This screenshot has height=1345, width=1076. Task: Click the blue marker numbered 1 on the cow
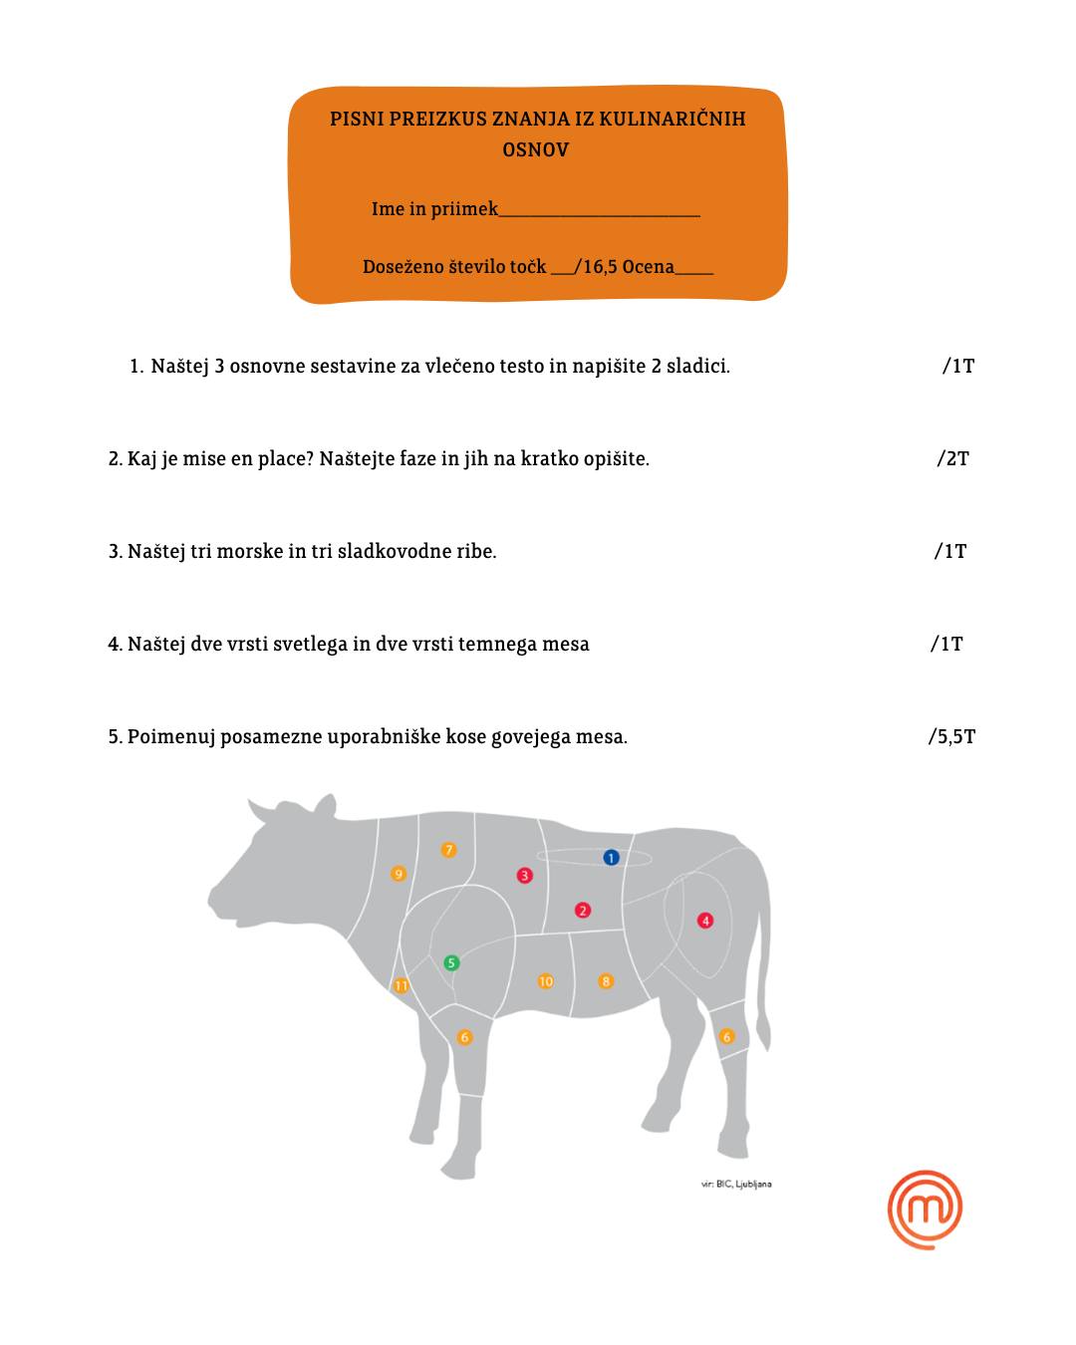click(x=611, y=858)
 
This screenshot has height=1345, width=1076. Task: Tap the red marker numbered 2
click(x=583, y=910)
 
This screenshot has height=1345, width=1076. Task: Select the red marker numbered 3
click(x=525, y=876)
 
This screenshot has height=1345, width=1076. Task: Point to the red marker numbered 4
click(x=705, y=921)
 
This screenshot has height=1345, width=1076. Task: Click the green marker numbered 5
click(x=451, y=962)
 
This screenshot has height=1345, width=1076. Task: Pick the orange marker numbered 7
click(x=448, y=850)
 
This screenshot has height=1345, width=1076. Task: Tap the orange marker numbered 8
click(x=605, y=981)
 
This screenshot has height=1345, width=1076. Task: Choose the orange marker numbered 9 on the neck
click(x=399, y=874)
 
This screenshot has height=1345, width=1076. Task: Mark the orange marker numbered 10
click(x=546, y=981)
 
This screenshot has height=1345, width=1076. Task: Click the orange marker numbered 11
click(x=401, y=985)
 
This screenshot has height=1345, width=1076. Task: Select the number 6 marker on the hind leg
click(x=726, y=1037)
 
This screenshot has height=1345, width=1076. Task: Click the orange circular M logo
click(x=925, y=1210)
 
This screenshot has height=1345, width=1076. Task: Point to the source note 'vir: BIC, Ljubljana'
click(x=736, y=1184)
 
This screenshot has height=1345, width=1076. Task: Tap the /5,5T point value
click(x=950, y=737)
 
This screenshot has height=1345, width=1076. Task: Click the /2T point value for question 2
click(x=952, y=458)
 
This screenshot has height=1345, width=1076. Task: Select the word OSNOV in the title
click(x=536, y=150)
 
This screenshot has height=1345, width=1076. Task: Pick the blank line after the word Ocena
click(x=694, y=273)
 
